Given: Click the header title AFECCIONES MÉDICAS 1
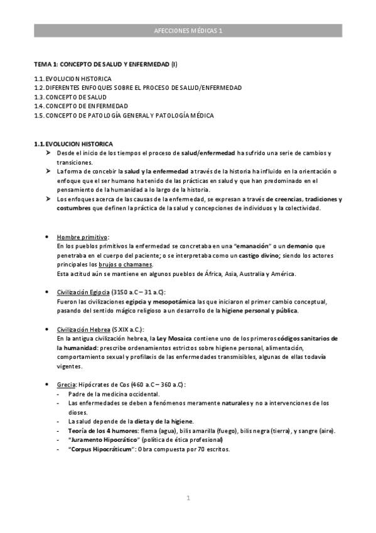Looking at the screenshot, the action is coord(188,30).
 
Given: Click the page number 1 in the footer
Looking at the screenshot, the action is coord(188,498).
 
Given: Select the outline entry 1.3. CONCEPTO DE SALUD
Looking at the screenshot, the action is coord(70,97).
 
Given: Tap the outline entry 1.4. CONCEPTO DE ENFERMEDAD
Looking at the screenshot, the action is coord(81,106).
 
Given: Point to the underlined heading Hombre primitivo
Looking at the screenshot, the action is coord(82,237).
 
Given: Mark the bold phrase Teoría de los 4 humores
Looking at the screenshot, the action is coord(104,431).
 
